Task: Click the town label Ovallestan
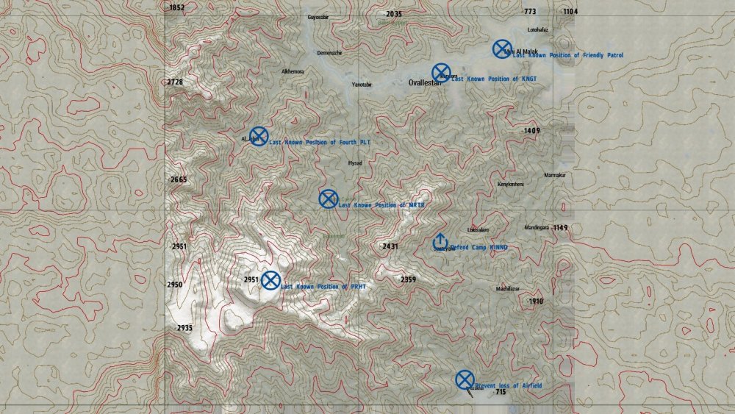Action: (x=425, y=83)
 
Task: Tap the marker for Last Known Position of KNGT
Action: (x=441, y=72)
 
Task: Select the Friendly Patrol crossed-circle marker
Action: (x=502, y=49)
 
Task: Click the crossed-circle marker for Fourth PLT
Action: (x=259, y=136)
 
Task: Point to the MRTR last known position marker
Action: (x=328, y=199)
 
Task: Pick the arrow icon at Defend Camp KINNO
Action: (x=440, y=240)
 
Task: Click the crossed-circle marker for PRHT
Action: (x=271, y=280)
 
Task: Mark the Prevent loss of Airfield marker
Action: (x=465, y=379)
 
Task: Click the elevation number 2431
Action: (x=390, y=246)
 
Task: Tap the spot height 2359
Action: (x=408, y=279)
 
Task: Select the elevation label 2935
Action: (x=184, y=328)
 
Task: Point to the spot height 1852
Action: (x=176, y=7)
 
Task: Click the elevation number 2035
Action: (x=394, y=14)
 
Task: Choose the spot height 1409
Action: (x=532, y=130)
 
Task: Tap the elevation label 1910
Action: (x=536, y=301)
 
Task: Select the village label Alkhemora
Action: (x=293, y=71)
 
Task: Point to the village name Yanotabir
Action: (x=362, y=85)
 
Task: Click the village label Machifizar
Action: (x=507, y=289)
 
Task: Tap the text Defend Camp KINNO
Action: (x=478, y=248)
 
